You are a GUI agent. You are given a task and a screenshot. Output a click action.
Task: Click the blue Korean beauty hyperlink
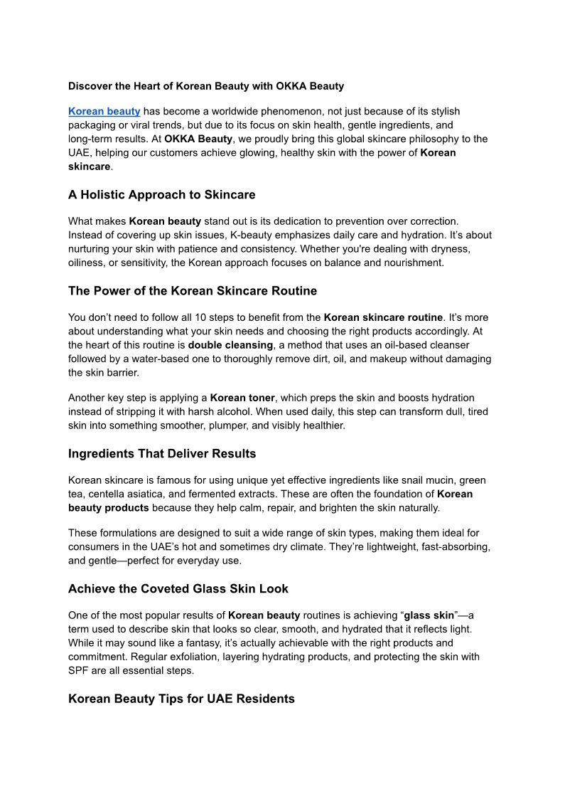click(x=104, y=112)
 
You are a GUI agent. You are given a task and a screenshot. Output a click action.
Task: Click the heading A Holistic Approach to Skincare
click(x=161, y=195)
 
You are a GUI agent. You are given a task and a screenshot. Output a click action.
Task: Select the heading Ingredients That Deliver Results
click(x=162, y=454)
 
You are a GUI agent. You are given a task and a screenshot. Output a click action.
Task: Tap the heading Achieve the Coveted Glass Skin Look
click(x=178, y=589)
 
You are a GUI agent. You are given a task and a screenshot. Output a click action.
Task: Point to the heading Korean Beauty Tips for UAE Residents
click(x=181, y=699)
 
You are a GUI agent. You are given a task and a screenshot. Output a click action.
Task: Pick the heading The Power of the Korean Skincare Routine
click(x=193, y=291)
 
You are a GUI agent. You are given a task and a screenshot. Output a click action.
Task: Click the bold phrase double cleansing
click(x=230, y=345)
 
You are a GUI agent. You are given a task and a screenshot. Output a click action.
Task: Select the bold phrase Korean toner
click(x=242, y=398)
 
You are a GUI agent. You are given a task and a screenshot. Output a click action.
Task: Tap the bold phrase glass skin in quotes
click(x=429, y=615)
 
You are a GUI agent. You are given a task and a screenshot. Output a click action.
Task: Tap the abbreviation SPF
click(x=79, y=670)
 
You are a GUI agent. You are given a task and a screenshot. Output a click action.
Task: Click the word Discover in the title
click(x=91, y=86)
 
